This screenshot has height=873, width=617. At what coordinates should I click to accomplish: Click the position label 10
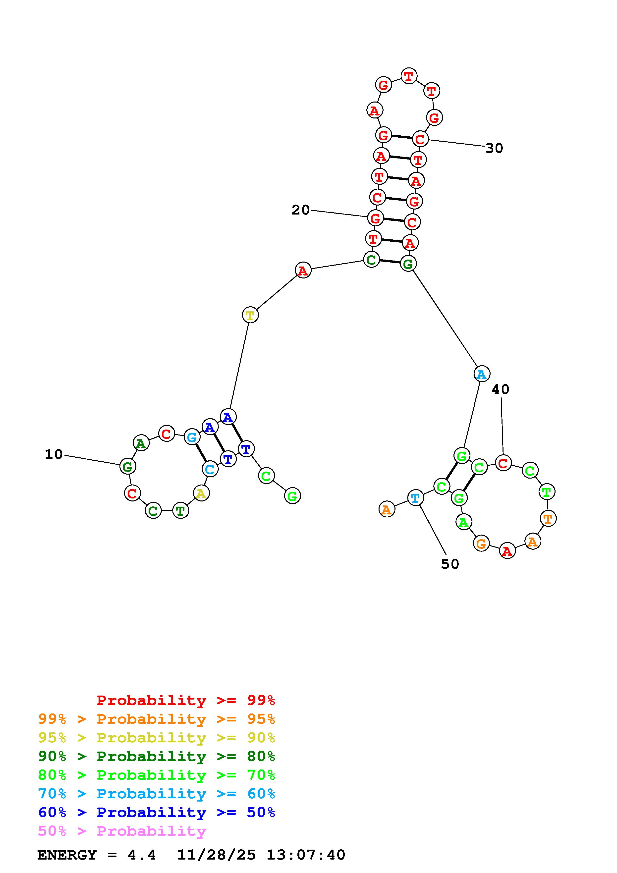54,454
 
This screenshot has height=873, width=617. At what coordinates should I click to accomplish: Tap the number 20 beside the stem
300,210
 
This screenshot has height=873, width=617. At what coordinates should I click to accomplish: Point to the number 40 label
500,389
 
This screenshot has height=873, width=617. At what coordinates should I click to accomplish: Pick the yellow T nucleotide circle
250,315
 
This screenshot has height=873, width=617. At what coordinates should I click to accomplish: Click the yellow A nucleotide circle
201,493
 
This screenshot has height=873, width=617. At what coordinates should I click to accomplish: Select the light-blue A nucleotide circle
482,374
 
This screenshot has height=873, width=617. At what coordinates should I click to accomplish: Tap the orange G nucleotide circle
481,544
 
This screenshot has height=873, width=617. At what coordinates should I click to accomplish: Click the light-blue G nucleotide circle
192,437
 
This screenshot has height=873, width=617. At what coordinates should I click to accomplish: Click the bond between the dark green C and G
390,262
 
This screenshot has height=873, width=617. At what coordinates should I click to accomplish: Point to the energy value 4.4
141,855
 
